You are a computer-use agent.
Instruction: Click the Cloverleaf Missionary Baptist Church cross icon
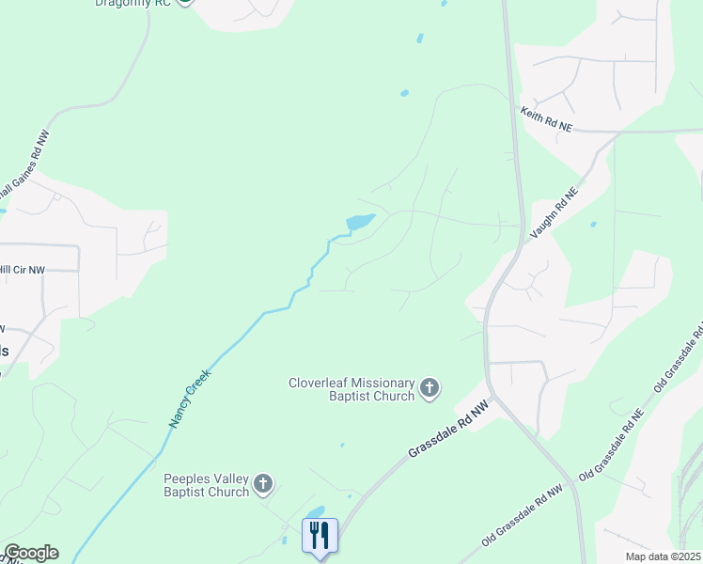pyautogui.click(x=430, y=388)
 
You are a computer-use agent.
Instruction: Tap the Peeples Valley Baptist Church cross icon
pyautogui.click(x=264, y=485)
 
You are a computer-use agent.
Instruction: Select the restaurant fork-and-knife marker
pyautogui.click(x=320, y=535)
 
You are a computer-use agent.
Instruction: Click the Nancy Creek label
pyautogui.click(x=192, y=398)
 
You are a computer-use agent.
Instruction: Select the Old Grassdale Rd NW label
pyautogui.click(x=522, y=516)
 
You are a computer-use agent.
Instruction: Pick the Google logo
pyautogui.click(x=31, y=553)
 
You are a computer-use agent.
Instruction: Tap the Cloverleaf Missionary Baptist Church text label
pyautogui.click(x=351, y=389)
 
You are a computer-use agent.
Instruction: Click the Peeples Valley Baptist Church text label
pyautogui.click(x=207, y=485)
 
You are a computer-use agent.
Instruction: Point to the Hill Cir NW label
pyautogui.click(x=23, y=270)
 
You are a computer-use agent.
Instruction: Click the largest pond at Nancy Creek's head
pyautogui.click(x=360, y=222)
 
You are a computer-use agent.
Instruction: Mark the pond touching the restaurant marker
pyautogui.click(x=315, y=512)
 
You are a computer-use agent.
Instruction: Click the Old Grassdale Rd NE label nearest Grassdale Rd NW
pyautogui.click(x=611, y=446)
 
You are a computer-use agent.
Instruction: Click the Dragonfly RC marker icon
pyautogui.click(x=185, y=2)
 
